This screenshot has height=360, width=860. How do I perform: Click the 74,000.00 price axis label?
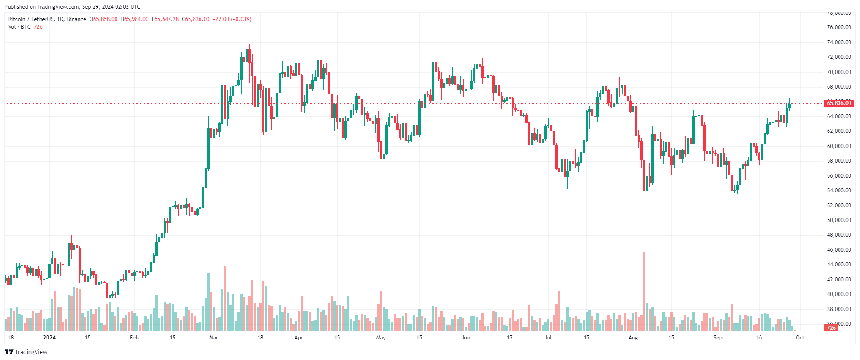tap(839, 42)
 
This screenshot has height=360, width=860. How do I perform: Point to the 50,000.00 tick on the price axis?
tap(839, 220)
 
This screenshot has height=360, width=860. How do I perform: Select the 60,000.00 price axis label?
tap(839, 146)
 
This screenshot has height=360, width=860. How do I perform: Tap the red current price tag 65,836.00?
tap(839, 103)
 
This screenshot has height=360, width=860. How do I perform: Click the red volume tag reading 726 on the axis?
tap(831, 328)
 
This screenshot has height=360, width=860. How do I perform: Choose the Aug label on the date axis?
tap(633, 338)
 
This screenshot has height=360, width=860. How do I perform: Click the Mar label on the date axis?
tap(213, 338)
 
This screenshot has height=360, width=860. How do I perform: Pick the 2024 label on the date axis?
tap(49, 338)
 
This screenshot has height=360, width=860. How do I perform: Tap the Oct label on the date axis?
tap(800, 338)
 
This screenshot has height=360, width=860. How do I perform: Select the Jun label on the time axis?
tap(465, 338)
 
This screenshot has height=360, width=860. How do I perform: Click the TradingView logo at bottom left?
tap(26, 352)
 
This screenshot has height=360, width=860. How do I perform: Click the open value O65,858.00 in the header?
tap(104, 19)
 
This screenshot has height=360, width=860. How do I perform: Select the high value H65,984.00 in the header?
tap(135, 19)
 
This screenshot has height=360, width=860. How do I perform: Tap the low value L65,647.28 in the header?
tap(165, 19)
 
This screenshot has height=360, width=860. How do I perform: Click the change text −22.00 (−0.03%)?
tap(232, 19)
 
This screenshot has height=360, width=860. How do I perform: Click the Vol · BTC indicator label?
tap(19, 27)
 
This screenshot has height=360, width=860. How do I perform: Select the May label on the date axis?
tap(380, 338)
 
